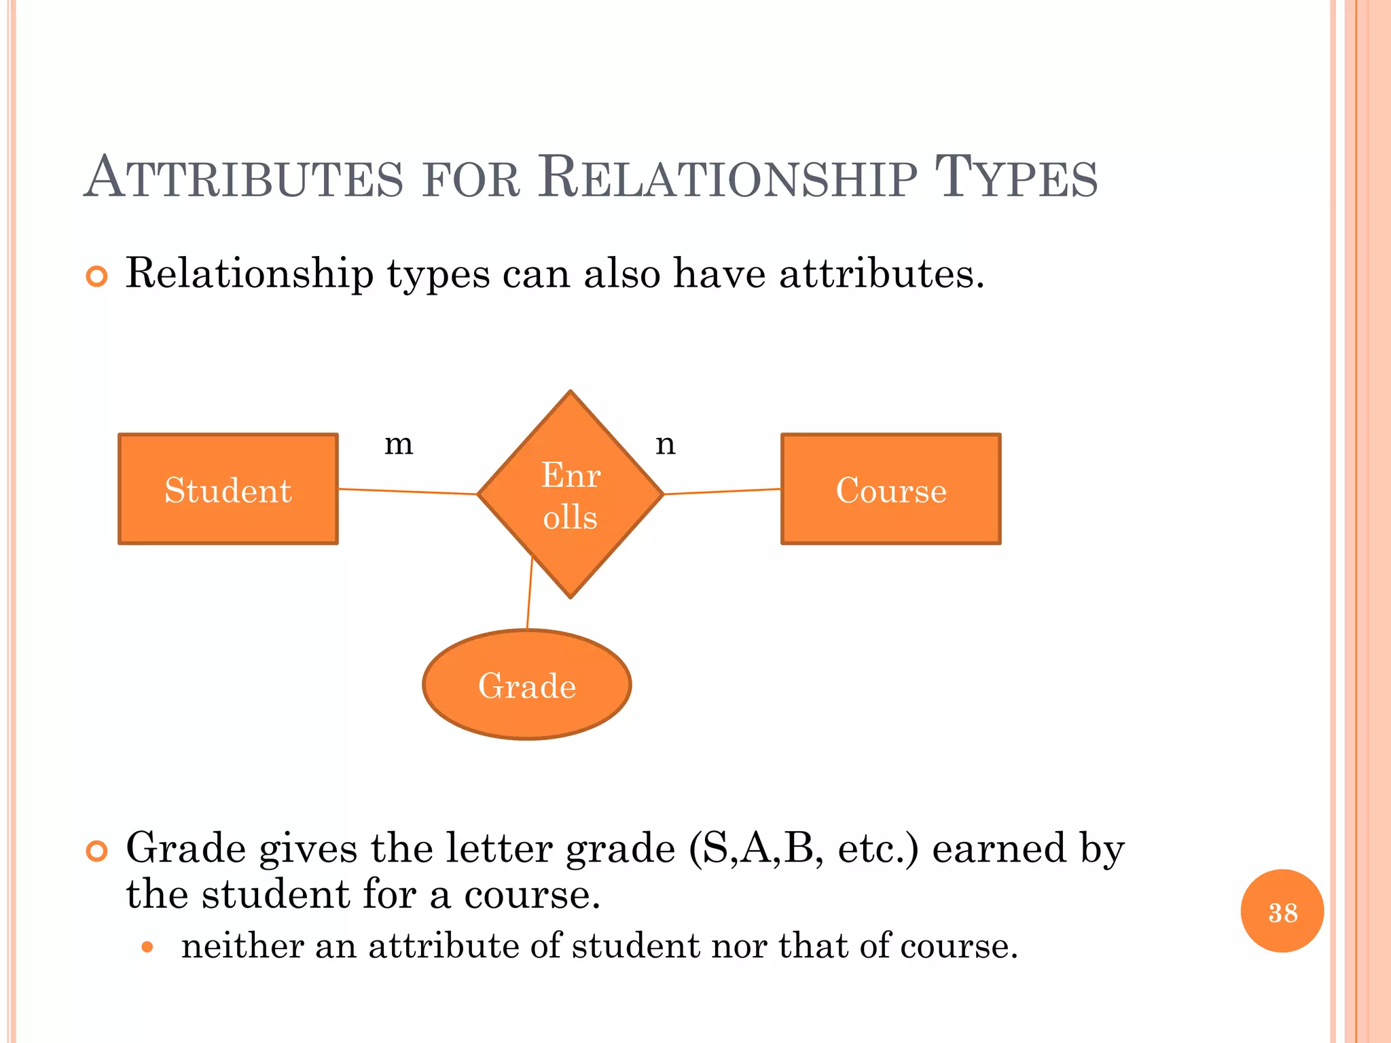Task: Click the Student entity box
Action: [x=228, y=489]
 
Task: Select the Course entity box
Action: [x=890, y=489]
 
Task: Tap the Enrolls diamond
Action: [x=571, y=494]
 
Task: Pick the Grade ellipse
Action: [x=527, y=684]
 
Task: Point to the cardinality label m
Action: [x=399, y=445]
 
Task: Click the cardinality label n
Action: [x=666, y=445]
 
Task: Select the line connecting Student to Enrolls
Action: [x=408, y=492]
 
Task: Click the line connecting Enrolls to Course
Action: [x=722, y=492]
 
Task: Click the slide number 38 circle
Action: [x=1282, y=911]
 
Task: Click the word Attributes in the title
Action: [x=245, y=178]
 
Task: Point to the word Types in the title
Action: [x=1016, y=178]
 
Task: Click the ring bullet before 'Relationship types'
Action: [x=97, y=276]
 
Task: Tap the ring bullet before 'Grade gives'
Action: [x=97, y=851]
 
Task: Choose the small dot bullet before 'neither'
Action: [x=147, y=947]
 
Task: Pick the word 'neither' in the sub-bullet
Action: [x=242, y=946]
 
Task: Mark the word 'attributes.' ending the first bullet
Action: [x=882, y=274]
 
